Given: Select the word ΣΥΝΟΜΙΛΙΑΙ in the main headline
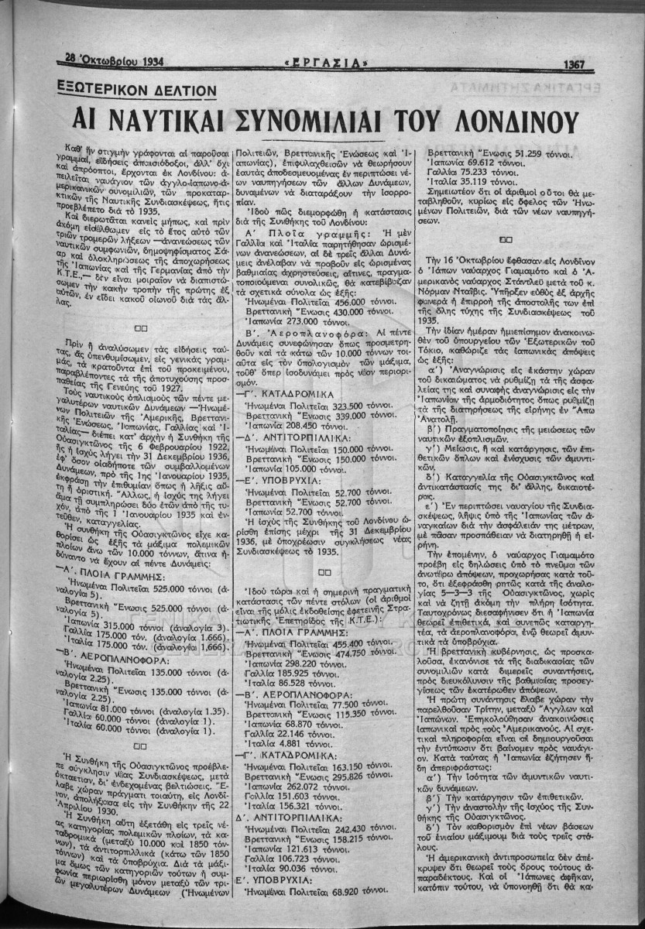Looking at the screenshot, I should [319, 121].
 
